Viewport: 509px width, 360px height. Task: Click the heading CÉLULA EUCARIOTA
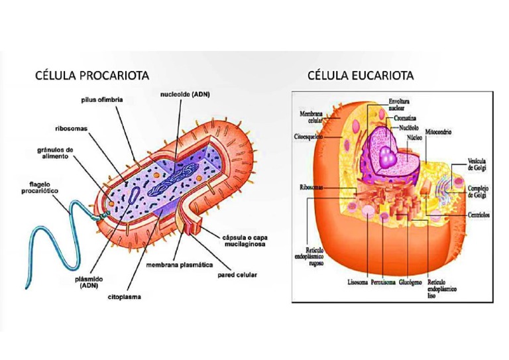tap(361, 75)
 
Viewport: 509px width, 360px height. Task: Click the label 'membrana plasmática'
tap(179, 264)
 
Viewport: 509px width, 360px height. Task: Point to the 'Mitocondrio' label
tap(439, 131)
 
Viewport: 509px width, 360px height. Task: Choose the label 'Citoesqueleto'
tap(308, 136)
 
